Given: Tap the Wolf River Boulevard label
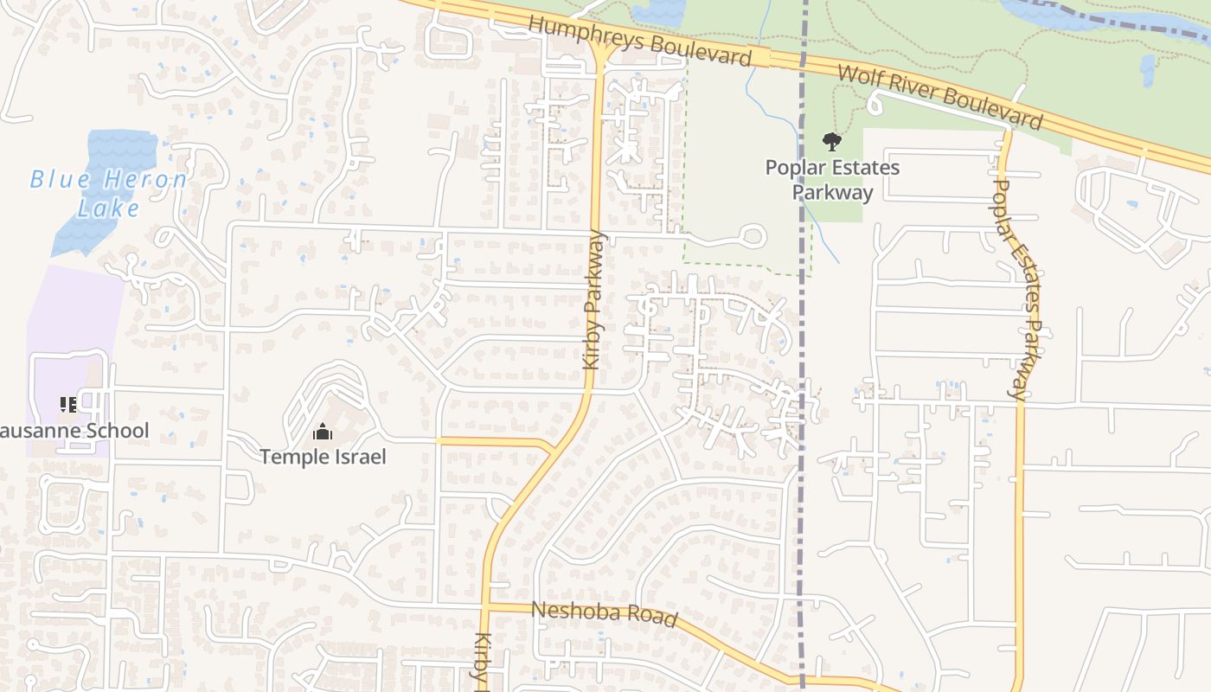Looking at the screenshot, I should click(x=940, y=97).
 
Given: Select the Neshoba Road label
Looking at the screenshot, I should click(x=603, y=613).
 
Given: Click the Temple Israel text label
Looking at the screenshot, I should click(x=323, y=457).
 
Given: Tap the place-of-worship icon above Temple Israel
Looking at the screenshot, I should click(x=323, y=431).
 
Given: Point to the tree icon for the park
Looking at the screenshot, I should click(x=831, y=141).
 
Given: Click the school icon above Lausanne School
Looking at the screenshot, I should click(x=68, y=404).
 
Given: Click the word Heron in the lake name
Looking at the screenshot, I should click(x=146, y=180).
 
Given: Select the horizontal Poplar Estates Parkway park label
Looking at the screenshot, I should click(x=832, y=180).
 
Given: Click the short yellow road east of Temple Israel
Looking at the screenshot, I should click(x=493, y=442).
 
